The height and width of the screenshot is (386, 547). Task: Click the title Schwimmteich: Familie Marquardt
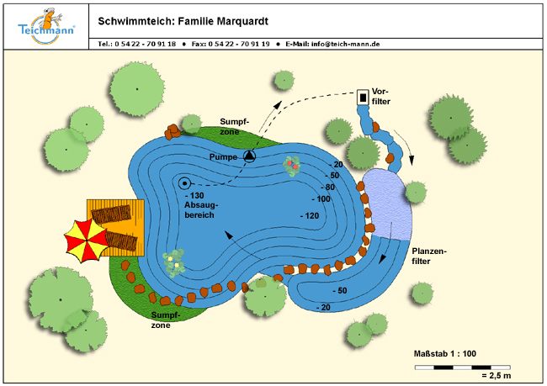coord(185,19)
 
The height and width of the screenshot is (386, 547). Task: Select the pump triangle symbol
coord(250,156)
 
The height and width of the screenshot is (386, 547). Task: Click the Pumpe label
coord(225,156)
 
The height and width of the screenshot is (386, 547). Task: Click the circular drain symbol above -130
coord(184,182)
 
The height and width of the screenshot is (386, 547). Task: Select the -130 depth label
coord(194,196)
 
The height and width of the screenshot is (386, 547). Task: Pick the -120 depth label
coord(309,215)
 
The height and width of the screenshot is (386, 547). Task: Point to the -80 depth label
coord(325,187)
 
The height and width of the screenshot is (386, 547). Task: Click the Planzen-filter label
coord(430,256)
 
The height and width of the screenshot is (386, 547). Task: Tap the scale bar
coord(463,367)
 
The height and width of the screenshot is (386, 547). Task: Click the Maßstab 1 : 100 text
coord(450,353)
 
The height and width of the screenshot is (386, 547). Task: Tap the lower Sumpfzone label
coord(165,320)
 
